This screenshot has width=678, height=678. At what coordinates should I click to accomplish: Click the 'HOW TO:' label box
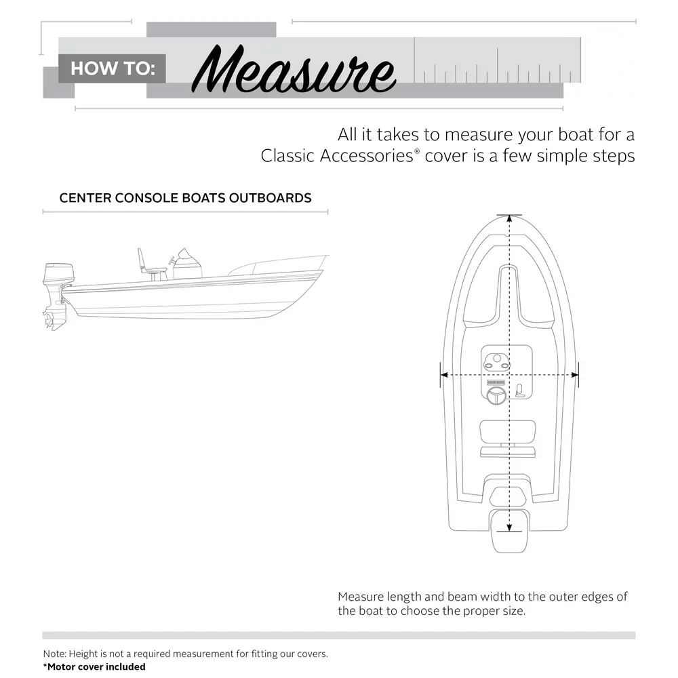tap(113, 68)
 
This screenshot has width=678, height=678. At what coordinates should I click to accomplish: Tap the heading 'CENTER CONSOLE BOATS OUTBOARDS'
tap(185, 198)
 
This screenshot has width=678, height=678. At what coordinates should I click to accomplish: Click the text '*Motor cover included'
tap(94, 666)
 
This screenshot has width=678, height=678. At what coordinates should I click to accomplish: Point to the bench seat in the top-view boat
tap(508, 430)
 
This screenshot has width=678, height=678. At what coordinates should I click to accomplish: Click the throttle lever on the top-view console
tap(520, 390)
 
